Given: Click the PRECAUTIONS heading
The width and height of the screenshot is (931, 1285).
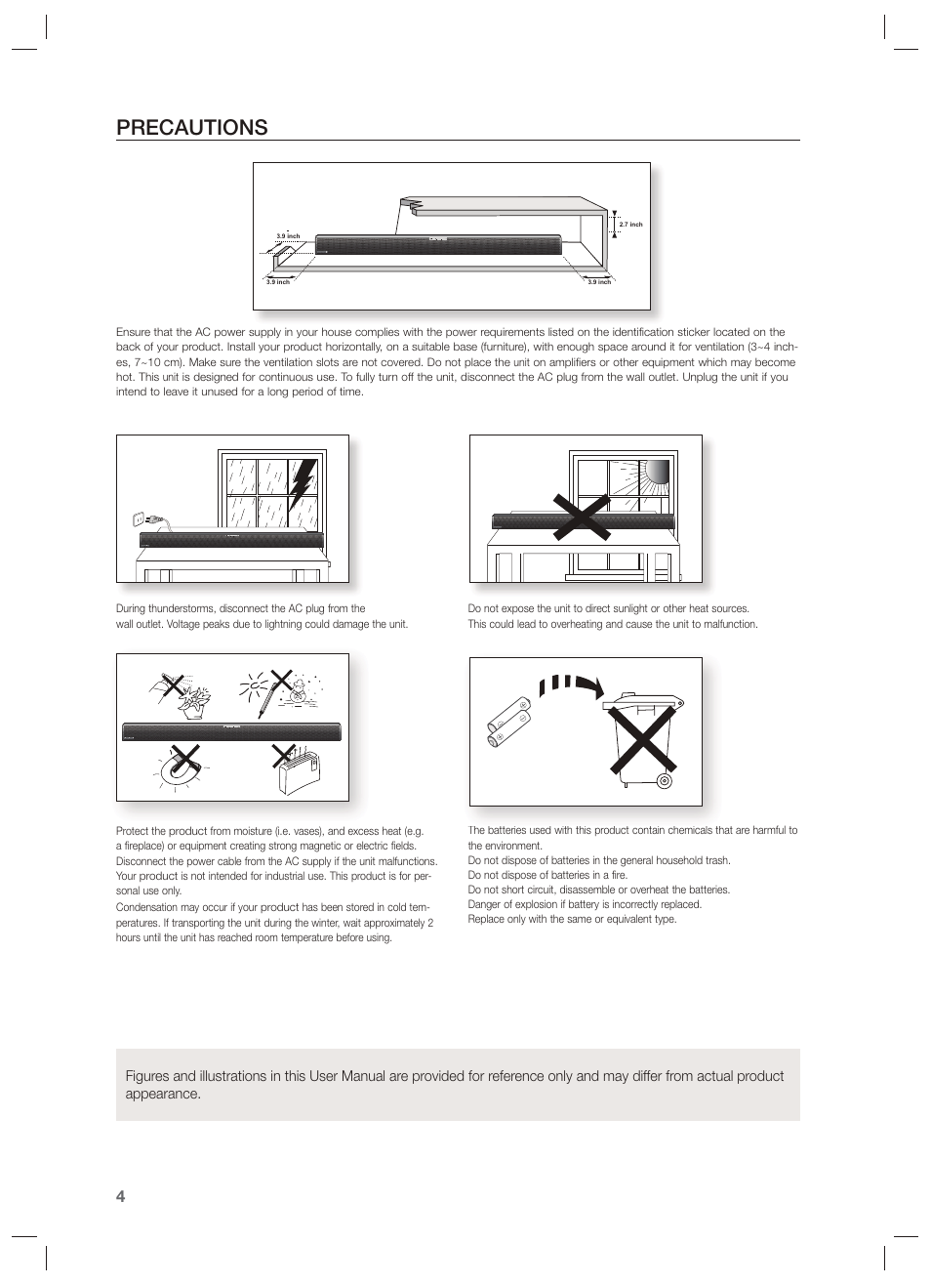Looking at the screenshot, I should [191, 127].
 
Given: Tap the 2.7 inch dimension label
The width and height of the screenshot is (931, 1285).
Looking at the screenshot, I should [630, 225].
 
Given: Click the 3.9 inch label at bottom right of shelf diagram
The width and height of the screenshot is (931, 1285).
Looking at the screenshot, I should [598, 282].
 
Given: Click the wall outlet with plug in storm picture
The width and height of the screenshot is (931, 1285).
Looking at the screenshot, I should [140, 519].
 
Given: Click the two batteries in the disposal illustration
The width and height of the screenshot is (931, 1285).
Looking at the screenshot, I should [508, 724].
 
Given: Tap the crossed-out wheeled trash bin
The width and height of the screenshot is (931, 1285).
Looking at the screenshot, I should [639, 740].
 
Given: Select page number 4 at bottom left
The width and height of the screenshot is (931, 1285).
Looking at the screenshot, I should [120, 1197].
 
